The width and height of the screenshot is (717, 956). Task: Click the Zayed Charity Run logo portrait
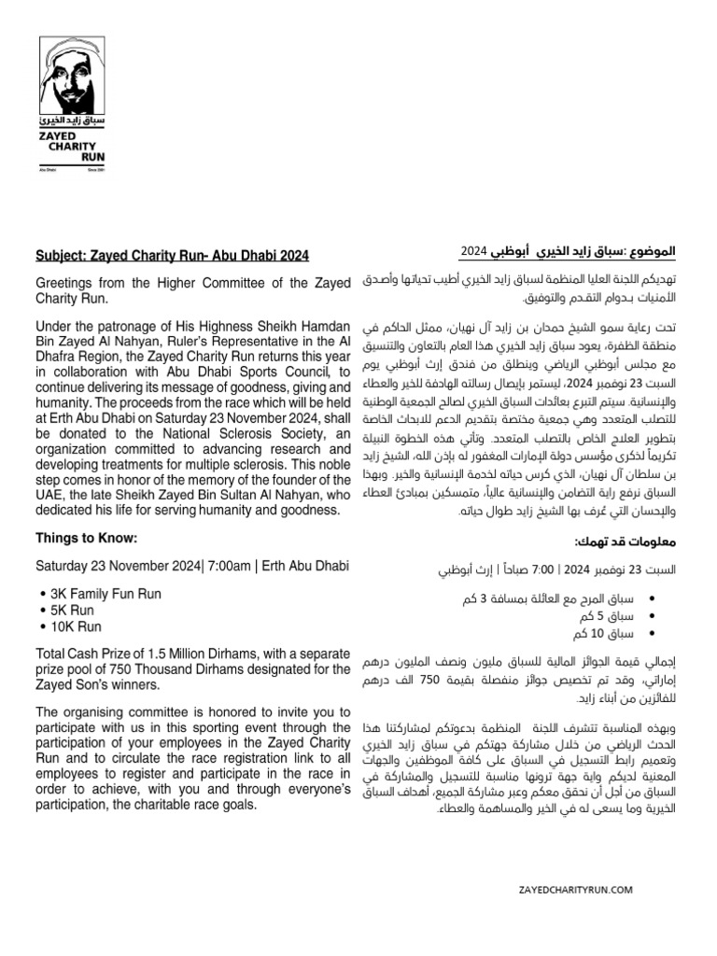coord(78,79)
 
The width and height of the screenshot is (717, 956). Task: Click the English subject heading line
coord(172,255)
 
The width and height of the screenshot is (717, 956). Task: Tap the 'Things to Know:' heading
coord(86,538)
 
